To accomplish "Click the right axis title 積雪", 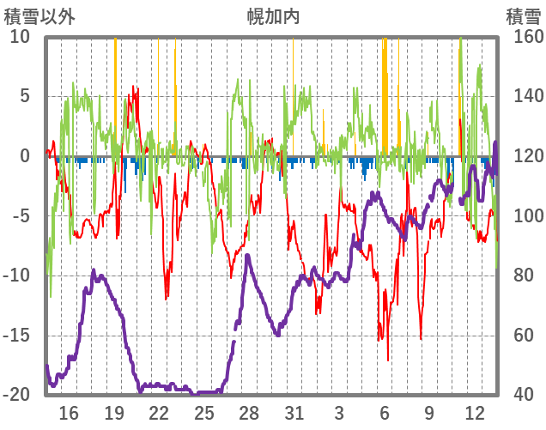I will point(522,16).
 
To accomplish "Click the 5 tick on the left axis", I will point(25,96).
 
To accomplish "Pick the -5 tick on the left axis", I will point(21,215).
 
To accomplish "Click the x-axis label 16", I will point(69,412).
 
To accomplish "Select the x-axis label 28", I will point(249,412).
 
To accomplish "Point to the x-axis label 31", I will point(294,412).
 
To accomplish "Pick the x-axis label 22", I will point(159,412).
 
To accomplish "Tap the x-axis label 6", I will point(385,412).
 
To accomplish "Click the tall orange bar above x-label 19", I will point(115,94).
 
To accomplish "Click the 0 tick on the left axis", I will point(25,156).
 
